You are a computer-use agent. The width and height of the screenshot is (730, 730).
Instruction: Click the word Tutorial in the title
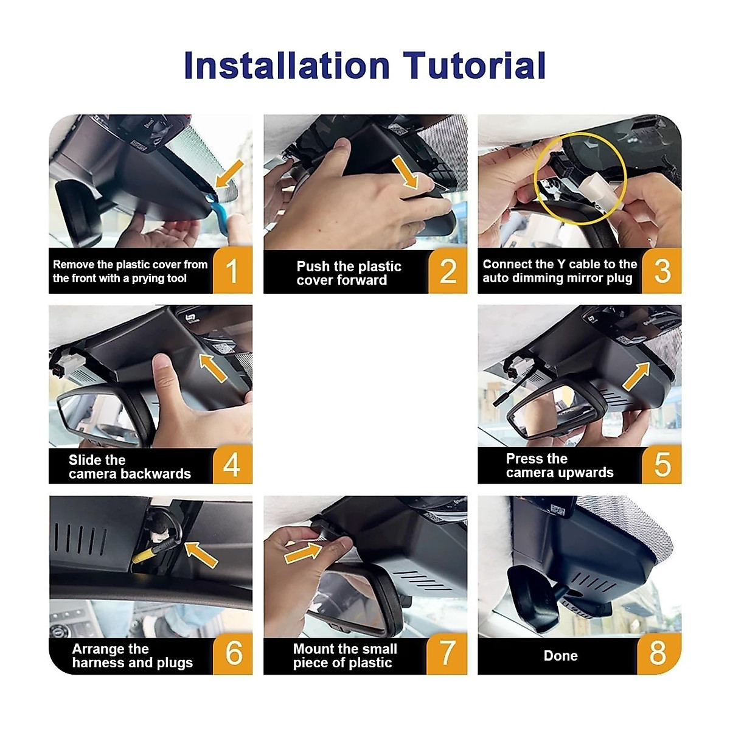[x=474, y=65]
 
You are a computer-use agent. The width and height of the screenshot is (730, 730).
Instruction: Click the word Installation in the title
[x=287, y=65]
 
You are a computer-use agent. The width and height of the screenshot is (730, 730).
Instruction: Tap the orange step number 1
[x=232, y=271]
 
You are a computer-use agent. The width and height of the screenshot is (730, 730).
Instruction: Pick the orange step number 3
[x=662, y=271]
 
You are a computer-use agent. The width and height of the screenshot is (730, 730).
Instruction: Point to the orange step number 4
[x=232, y=464]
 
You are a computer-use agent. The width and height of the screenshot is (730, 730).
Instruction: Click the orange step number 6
[x=233, y=653]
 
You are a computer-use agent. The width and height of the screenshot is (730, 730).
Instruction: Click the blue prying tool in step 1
[x=217, y=212]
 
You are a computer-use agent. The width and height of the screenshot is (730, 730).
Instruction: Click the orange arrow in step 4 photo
[x=214, y=367]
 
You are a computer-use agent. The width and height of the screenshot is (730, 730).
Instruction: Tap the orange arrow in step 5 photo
[x=636, y=376]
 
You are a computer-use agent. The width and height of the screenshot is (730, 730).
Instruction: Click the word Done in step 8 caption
[x=560, y=656]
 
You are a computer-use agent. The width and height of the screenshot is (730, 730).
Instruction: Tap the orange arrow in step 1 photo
[x=229, y=173]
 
